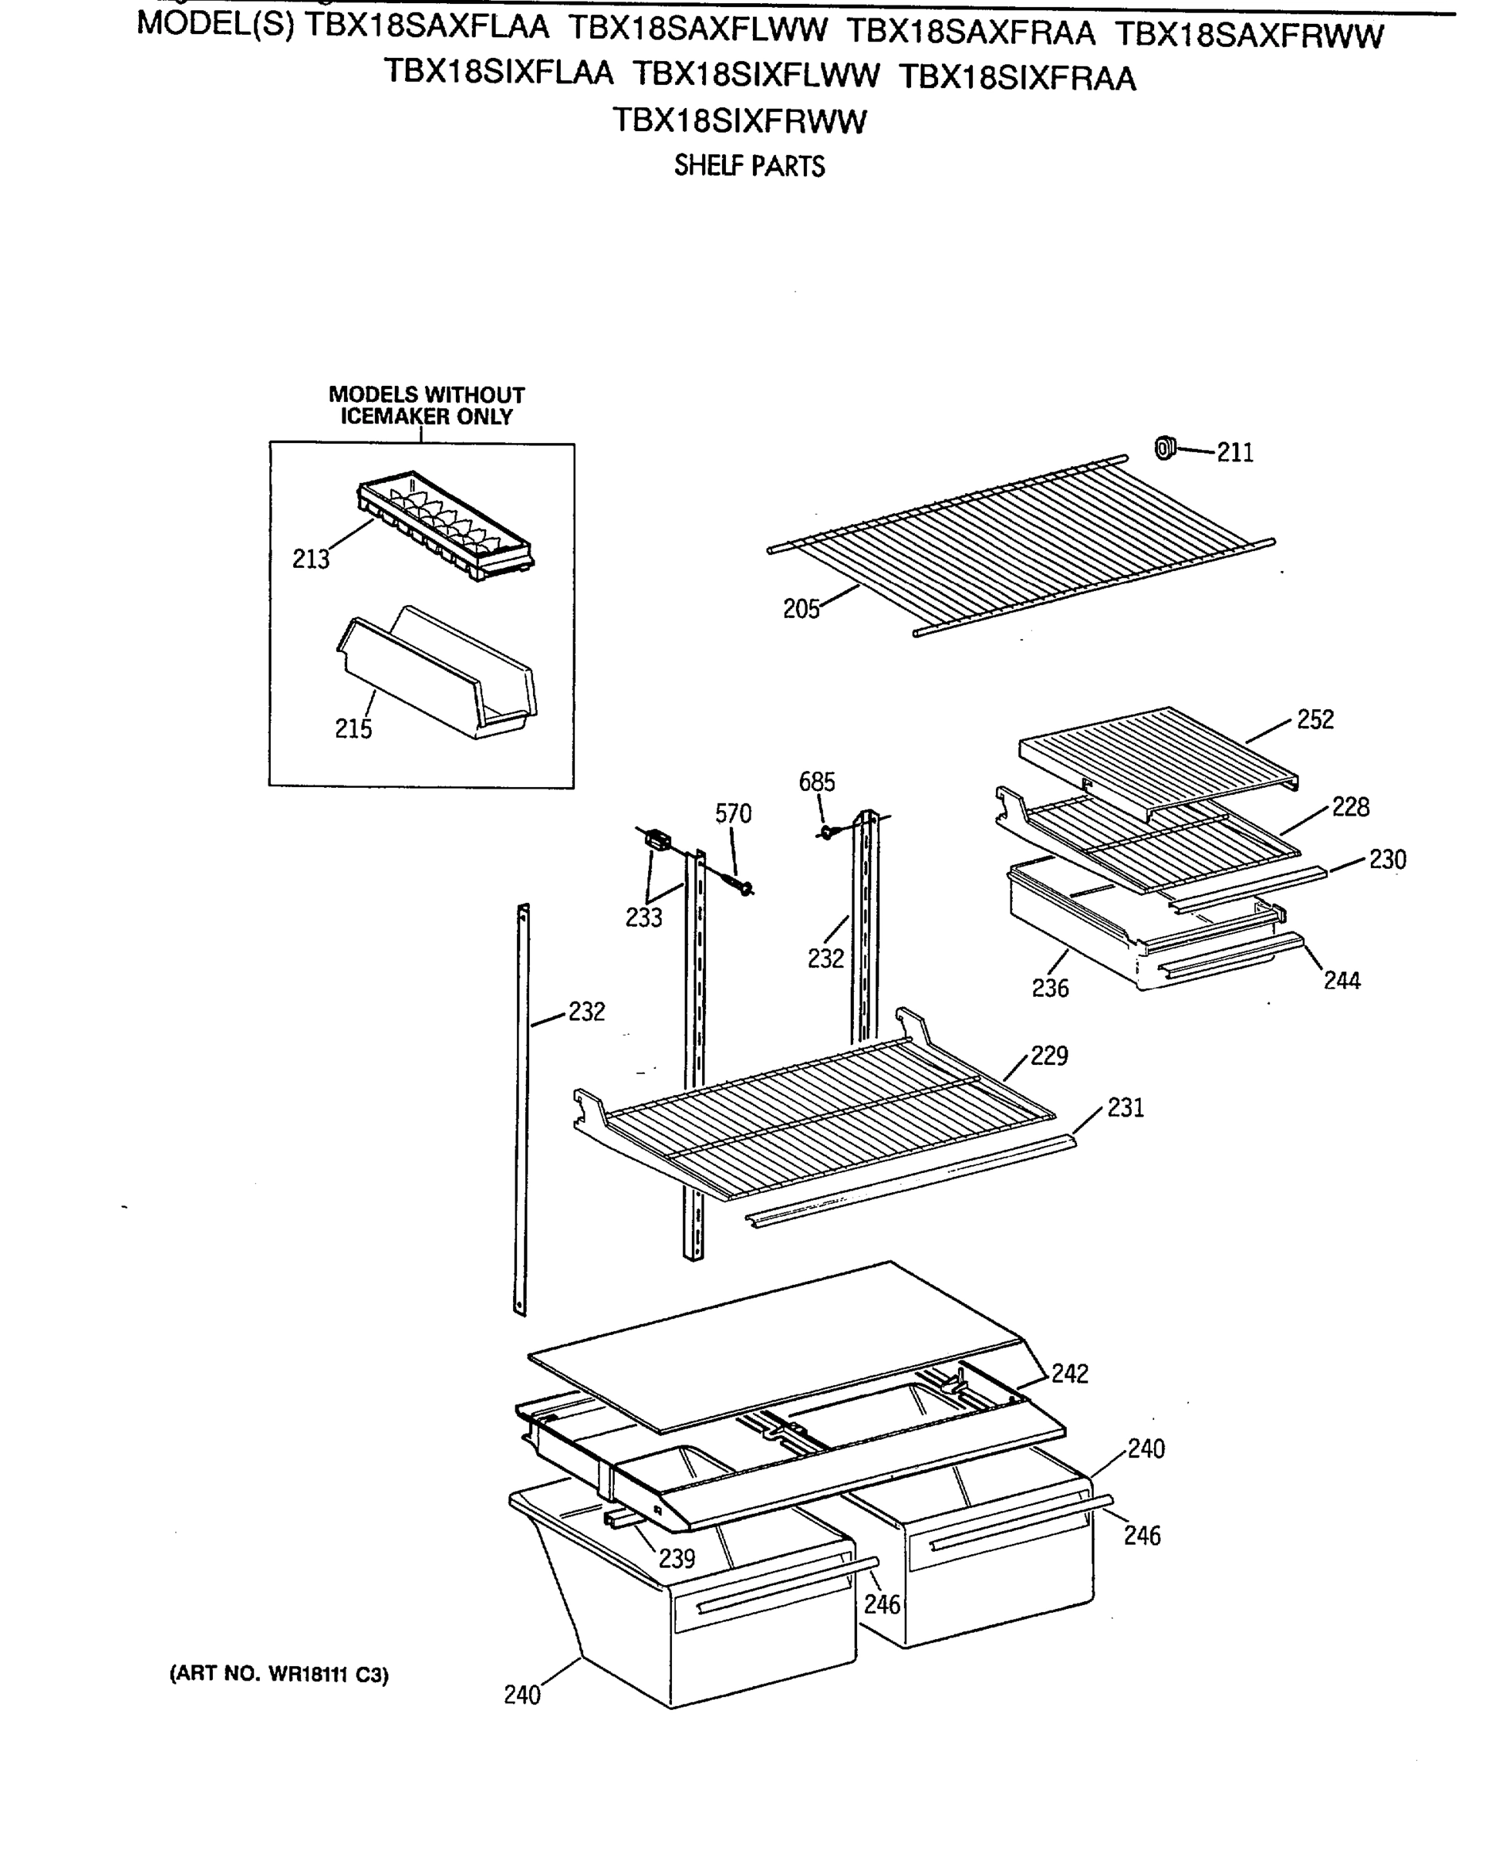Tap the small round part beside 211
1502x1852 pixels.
[1166, 448]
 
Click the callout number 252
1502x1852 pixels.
[1315, 720]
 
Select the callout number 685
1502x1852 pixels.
[817, 782]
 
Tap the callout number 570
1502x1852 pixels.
[733, 813]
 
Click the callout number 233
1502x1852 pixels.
[643, 918]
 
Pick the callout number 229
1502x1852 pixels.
[1048, 1056]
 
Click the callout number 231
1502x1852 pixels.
[1126, 1108]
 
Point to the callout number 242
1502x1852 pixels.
[1069, 1374]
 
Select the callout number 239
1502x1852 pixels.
[677, 1559]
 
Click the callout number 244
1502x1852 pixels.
[1342, 981]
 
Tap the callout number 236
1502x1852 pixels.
[1051, 989]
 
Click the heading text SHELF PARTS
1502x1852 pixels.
[749, 165]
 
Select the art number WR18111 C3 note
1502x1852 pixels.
[278, 1675]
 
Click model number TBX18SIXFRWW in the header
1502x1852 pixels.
[739, 121]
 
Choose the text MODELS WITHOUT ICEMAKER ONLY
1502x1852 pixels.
[427, 406]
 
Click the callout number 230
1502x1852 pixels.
[1387, 860]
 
